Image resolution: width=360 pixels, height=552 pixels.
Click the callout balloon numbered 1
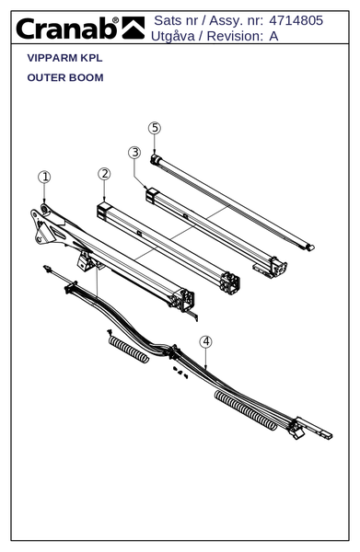(44, 177)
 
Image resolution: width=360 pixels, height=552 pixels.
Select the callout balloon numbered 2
(104, 174)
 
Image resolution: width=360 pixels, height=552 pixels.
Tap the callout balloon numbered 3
(134, 153)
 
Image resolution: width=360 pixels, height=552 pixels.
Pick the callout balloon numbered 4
(206, 342)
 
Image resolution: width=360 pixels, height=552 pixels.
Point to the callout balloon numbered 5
(155, 128)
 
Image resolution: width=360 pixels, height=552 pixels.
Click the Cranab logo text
(67, 29)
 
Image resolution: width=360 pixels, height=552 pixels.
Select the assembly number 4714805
(296, 20)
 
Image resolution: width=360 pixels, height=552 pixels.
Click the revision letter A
(273, 36)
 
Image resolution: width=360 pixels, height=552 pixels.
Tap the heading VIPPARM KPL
(64, 58)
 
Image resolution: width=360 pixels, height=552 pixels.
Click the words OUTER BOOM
(65, 77)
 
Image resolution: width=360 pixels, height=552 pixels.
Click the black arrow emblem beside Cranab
(134, 28)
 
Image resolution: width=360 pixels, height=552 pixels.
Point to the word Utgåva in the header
(172, 36)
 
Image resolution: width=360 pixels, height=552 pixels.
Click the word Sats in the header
(168, 20)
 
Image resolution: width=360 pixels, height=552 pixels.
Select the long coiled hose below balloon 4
(246, 410)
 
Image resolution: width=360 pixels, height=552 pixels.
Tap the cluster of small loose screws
(180, 373)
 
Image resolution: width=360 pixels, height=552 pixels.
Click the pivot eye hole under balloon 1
(45, 210)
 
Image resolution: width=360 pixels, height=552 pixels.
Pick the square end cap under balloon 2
(103, 211)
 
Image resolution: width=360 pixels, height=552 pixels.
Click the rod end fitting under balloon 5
(155, 159)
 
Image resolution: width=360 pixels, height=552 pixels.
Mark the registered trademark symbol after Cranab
(115, 20)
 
